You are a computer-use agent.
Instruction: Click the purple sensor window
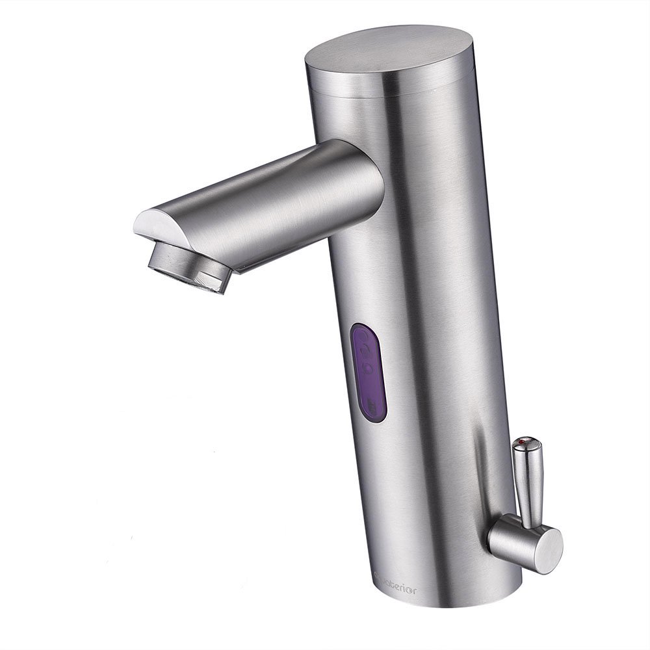tap(369, 372)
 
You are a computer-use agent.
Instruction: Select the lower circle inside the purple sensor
tap(367, 368)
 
